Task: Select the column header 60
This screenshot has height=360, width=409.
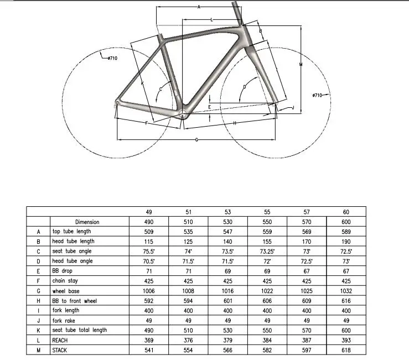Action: pos(346,212)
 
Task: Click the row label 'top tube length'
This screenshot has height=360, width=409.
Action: pos(71,231)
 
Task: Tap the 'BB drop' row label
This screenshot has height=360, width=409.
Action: pos(63,271)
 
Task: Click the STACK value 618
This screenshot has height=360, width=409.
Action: pos(346,350)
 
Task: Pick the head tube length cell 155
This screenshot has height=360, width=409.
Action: pos(267,241)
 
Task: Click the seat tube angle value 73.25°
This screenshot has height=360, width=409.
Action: pos(267,251)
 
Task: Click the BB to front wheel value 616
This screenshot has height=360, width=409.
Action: pos(346,301)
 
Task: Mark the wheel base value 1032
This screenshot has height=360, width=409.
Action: pos(346,291)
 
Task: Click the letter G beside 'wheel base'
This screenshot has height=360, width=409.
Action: pos(39,291)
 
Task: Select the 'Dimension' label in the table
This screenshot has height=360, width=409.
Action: pos(87,222)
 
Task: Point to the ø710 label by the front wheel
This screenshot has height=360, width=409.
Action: pos(317,96)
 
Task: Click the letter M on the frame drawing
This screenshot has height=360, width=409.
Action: pos(299,65)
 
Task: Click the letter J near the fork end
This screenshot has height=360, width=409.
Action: pos(292,107)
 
